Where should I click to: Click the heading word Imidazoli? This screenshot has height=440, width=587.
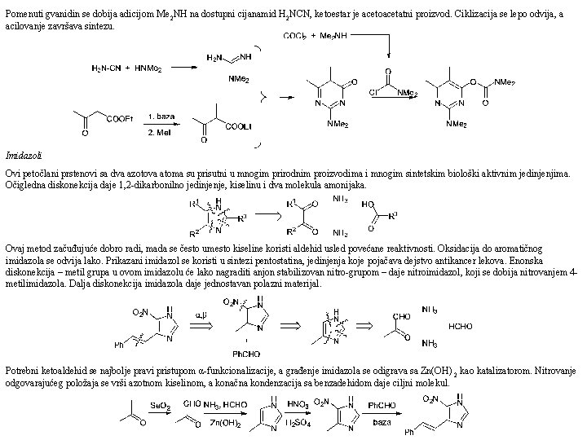point(19,155)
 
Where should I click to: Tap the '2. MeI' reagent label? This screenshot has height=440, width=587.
point(160,130)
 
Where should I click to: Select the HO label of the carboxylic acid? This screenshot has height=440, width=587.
point(369,203)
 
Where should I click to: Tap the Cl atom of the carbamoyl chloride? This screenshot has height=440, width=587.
point(373,92)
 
